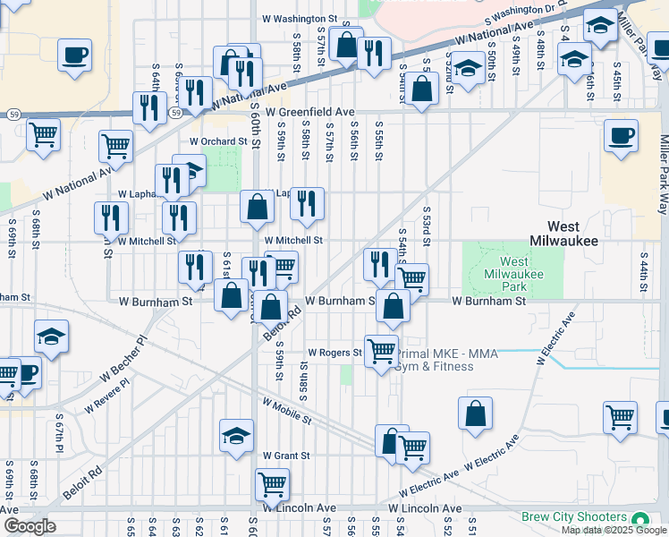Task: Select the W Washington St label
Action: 299,18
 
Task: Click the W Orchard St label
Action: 216,141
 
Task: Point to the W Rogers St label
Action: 334,353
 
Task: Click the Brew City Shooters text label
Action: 574,517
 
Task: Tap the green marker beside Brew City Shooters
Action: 639,519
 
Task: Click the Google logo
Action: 30,526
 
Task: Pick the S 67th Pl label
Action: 59,429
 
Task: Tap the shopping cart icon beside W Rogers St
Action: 381,349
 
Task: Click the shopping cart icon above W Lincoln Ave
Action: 272,484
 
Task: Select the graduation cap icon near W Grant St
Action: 236,436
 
